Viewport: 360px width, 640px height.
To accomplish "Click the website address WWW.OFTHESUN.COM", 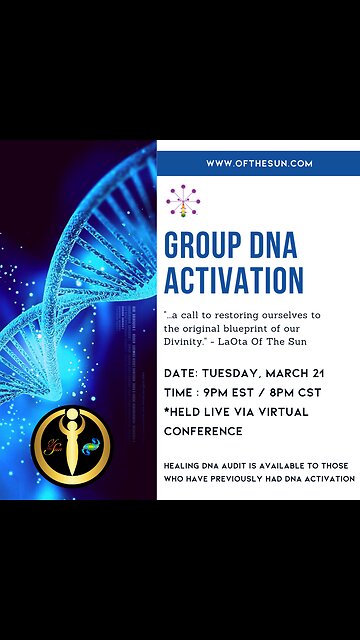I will tap(259, 163).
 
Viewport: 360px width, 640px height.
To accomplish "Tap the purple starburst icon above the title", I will tap(183, 200).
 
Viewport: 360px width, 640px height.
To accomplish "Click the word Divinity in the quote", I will tap(187, 339).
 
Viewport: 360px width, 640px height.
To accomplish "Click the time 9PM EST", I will tap(234, 392).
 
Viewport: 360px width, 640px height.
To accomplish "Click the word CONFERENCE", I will tap(203, 431).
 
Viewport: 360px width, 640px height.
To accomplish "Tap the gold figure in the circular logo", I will tap(71, 441).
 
